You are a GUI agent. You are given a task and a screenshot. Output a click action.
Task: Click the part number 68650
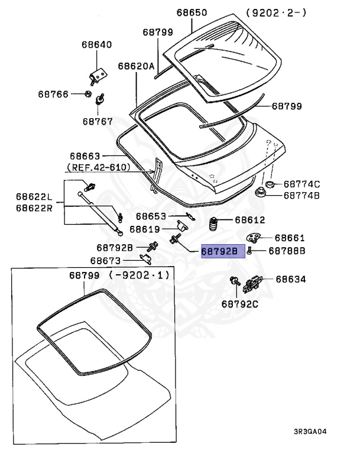click(192, 12)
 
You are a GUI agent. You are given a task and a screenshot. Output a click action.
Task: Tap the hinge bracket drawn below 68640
click(98, 75)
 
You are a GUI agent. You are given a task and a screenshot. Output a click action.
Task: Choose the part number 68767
click(98, 121)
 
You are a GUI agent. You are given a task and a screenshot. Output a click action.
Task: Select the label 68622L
click(34, 196)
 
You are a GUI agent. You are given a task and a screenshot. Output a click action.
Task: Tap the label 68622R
click(34, 207)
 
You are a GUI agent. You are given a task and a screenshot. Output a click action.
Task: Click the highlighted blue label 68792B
click(219, 251)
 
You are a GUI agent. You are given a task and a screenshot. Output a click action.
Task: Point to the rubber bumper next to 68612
click(213, 225)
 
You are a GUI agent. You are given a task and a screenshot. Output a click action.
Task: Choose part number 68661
click(290, 238)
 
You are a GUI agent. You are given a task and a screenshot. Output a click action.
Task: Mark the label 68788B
click(287, 251)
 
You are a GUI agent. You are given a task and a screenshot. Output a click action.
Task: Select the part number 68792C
click(240, 304)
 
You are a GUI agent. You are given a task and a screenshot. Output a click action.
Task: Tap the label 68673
click(105, 261)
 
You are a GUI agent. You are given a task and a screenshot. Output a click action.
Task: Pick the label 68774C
click(301, 184)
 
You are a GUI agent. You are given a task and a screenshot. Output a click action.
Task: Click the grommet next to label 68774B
click(260, 193)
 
